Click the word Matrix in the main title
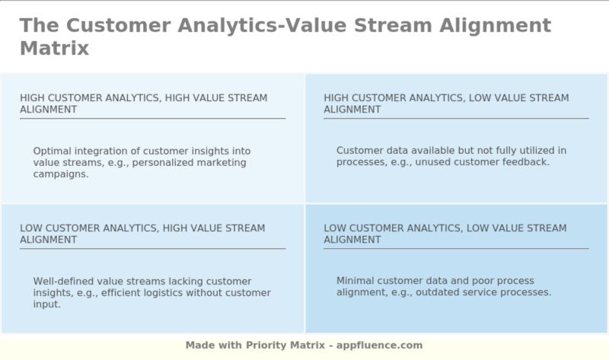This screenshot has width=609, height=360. click(54, 49)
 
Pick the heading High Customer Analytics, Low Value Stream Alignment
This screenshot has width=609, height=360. click(446, 104)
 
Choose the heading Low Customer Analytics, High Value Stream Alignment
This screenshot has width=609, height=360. click(142, 234)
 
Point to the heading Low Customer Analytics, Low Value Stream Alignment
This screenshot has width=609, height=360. click(445, 234)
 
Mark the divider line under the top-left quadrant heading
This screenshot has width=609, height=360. click(152, 119)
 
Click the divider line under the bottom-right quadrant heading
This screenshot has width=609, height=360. click(456, 249)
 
